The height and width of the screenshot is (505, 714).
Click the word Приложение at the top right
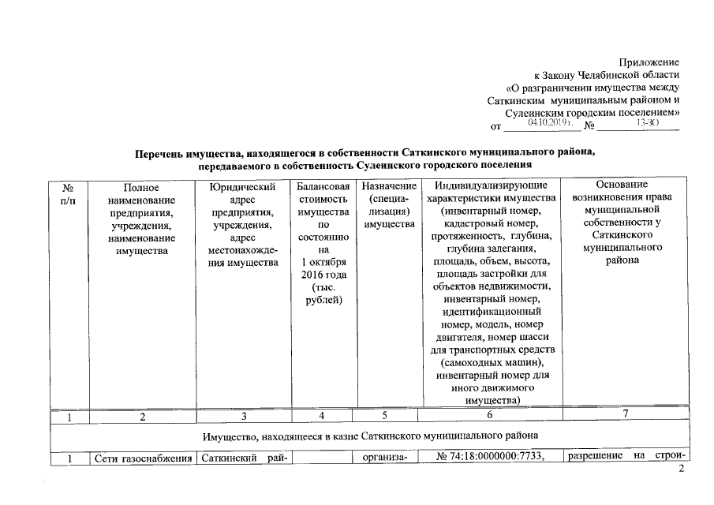coord(649,62)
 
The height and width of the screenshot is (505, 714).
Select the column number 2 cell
coord(142,417)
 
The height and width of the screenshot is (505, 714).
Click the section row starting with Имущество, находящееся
coord(370,435)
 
